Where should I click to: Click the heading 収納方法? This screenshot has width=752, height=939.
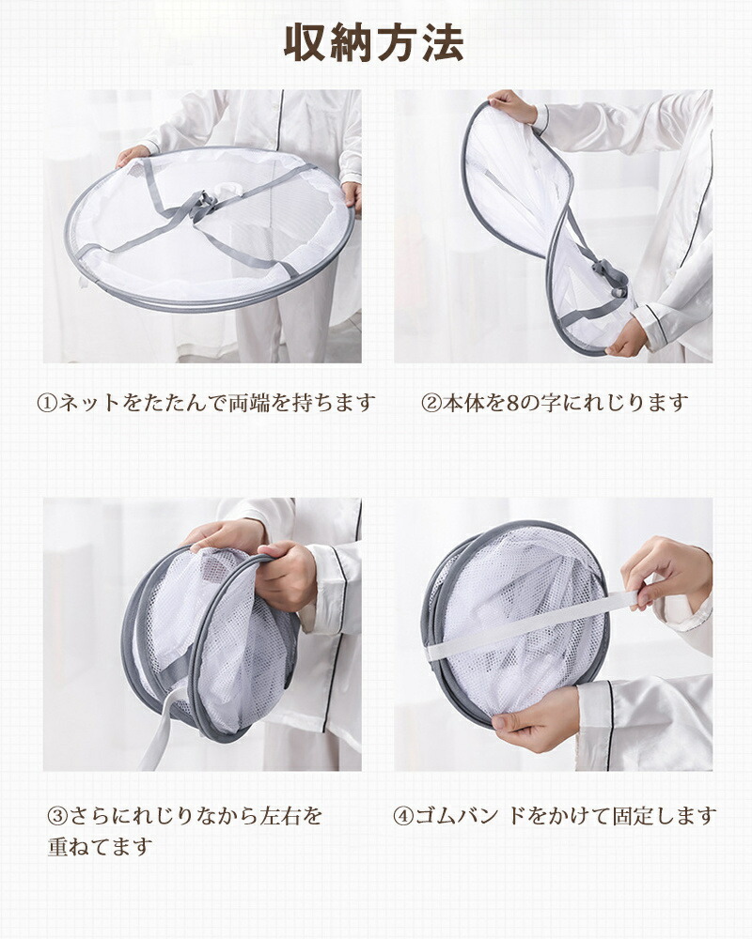[x=373, y=43]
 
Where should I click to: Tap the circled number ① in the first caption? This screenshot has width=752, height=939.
[x=47, y=403]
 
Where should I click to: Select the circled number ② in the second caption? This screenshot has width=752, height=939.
[x=431, y=403]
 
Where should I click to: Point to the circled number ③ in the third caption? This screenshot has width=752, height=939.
[x=57, y=816]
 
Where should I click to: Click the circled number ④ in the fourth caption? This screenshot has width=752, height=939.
[x=403, y=816]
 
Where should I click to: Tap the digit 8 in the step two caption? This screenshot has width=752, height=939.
[x=512, y=403]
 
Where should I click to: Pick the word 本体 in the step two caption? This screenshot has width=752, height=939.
[x=463, y=403]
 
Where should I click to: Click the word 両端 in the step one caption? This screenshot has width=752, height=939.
[x=249, y=403]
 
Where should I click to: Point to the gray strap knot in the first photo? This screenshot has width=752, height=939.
[x=204, y=207]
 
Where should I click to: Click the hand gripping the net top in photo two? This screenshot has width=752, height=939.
[x=511, y=106]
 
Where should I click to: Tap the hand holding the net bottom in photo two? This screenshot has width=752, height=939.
[x=627, y=338]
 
